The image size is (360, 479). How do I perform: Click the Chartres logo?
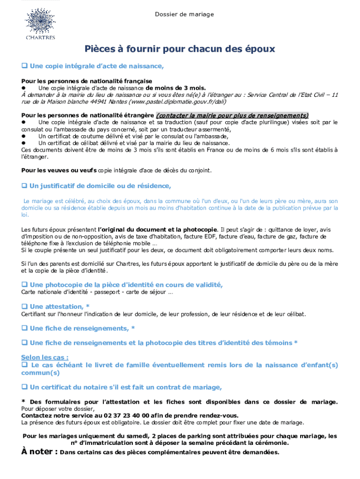click(40, 23)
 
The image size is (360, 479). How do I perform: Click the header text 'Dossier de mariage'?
click(184, 15)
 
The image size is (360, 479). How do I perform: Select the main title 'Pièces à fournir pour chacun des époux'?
click(180, 49)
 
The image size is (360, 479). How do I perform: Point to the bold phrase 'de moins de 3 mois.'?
click(175, 87)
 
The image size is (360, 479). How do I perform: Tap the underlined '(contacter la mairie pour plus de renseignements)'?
click(232, 116)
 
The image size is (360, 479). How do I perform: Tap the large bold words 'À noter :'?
click(40, 452)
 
